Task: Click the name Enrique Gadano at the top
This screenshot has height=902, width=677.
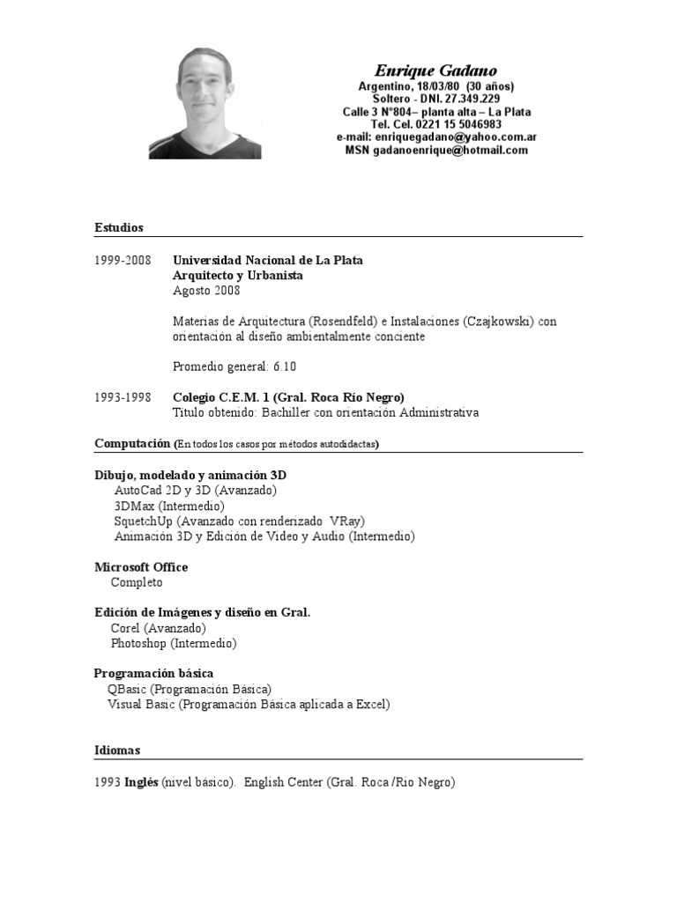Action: pos(435,70)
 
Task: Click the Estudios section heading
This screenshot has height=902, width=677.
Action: pos(119,228)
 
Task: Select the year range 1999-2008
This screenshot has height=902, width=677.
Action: pos(123,261)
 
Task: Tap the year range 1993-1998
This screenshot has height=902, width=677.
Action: pos(123,397)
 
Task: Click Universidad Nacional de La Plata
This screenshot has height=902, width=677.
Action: pos(268,261)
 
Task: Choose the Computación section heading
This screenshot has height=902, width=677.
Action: pos(133,443)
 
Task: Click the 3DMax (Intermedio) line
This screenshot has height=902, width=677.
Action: pos(169,506)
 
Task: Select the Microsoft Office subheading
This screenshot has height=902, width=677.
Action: pos(141,567)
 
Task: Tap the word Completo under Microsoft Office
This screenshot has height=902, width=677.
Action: pos(137,582)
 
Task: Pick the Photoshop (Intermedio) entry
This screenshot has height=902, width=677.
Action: pos(174,644)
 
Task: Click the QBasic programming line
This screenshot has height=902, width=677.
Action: pos(190,689)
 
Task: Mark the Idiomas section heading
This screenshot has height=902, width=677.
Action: pos(117,750)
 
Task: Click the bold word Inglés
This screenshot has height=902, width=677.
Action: pos(141,781)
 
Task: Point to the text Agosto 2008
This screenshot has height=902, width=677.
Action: pos(206,291)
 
